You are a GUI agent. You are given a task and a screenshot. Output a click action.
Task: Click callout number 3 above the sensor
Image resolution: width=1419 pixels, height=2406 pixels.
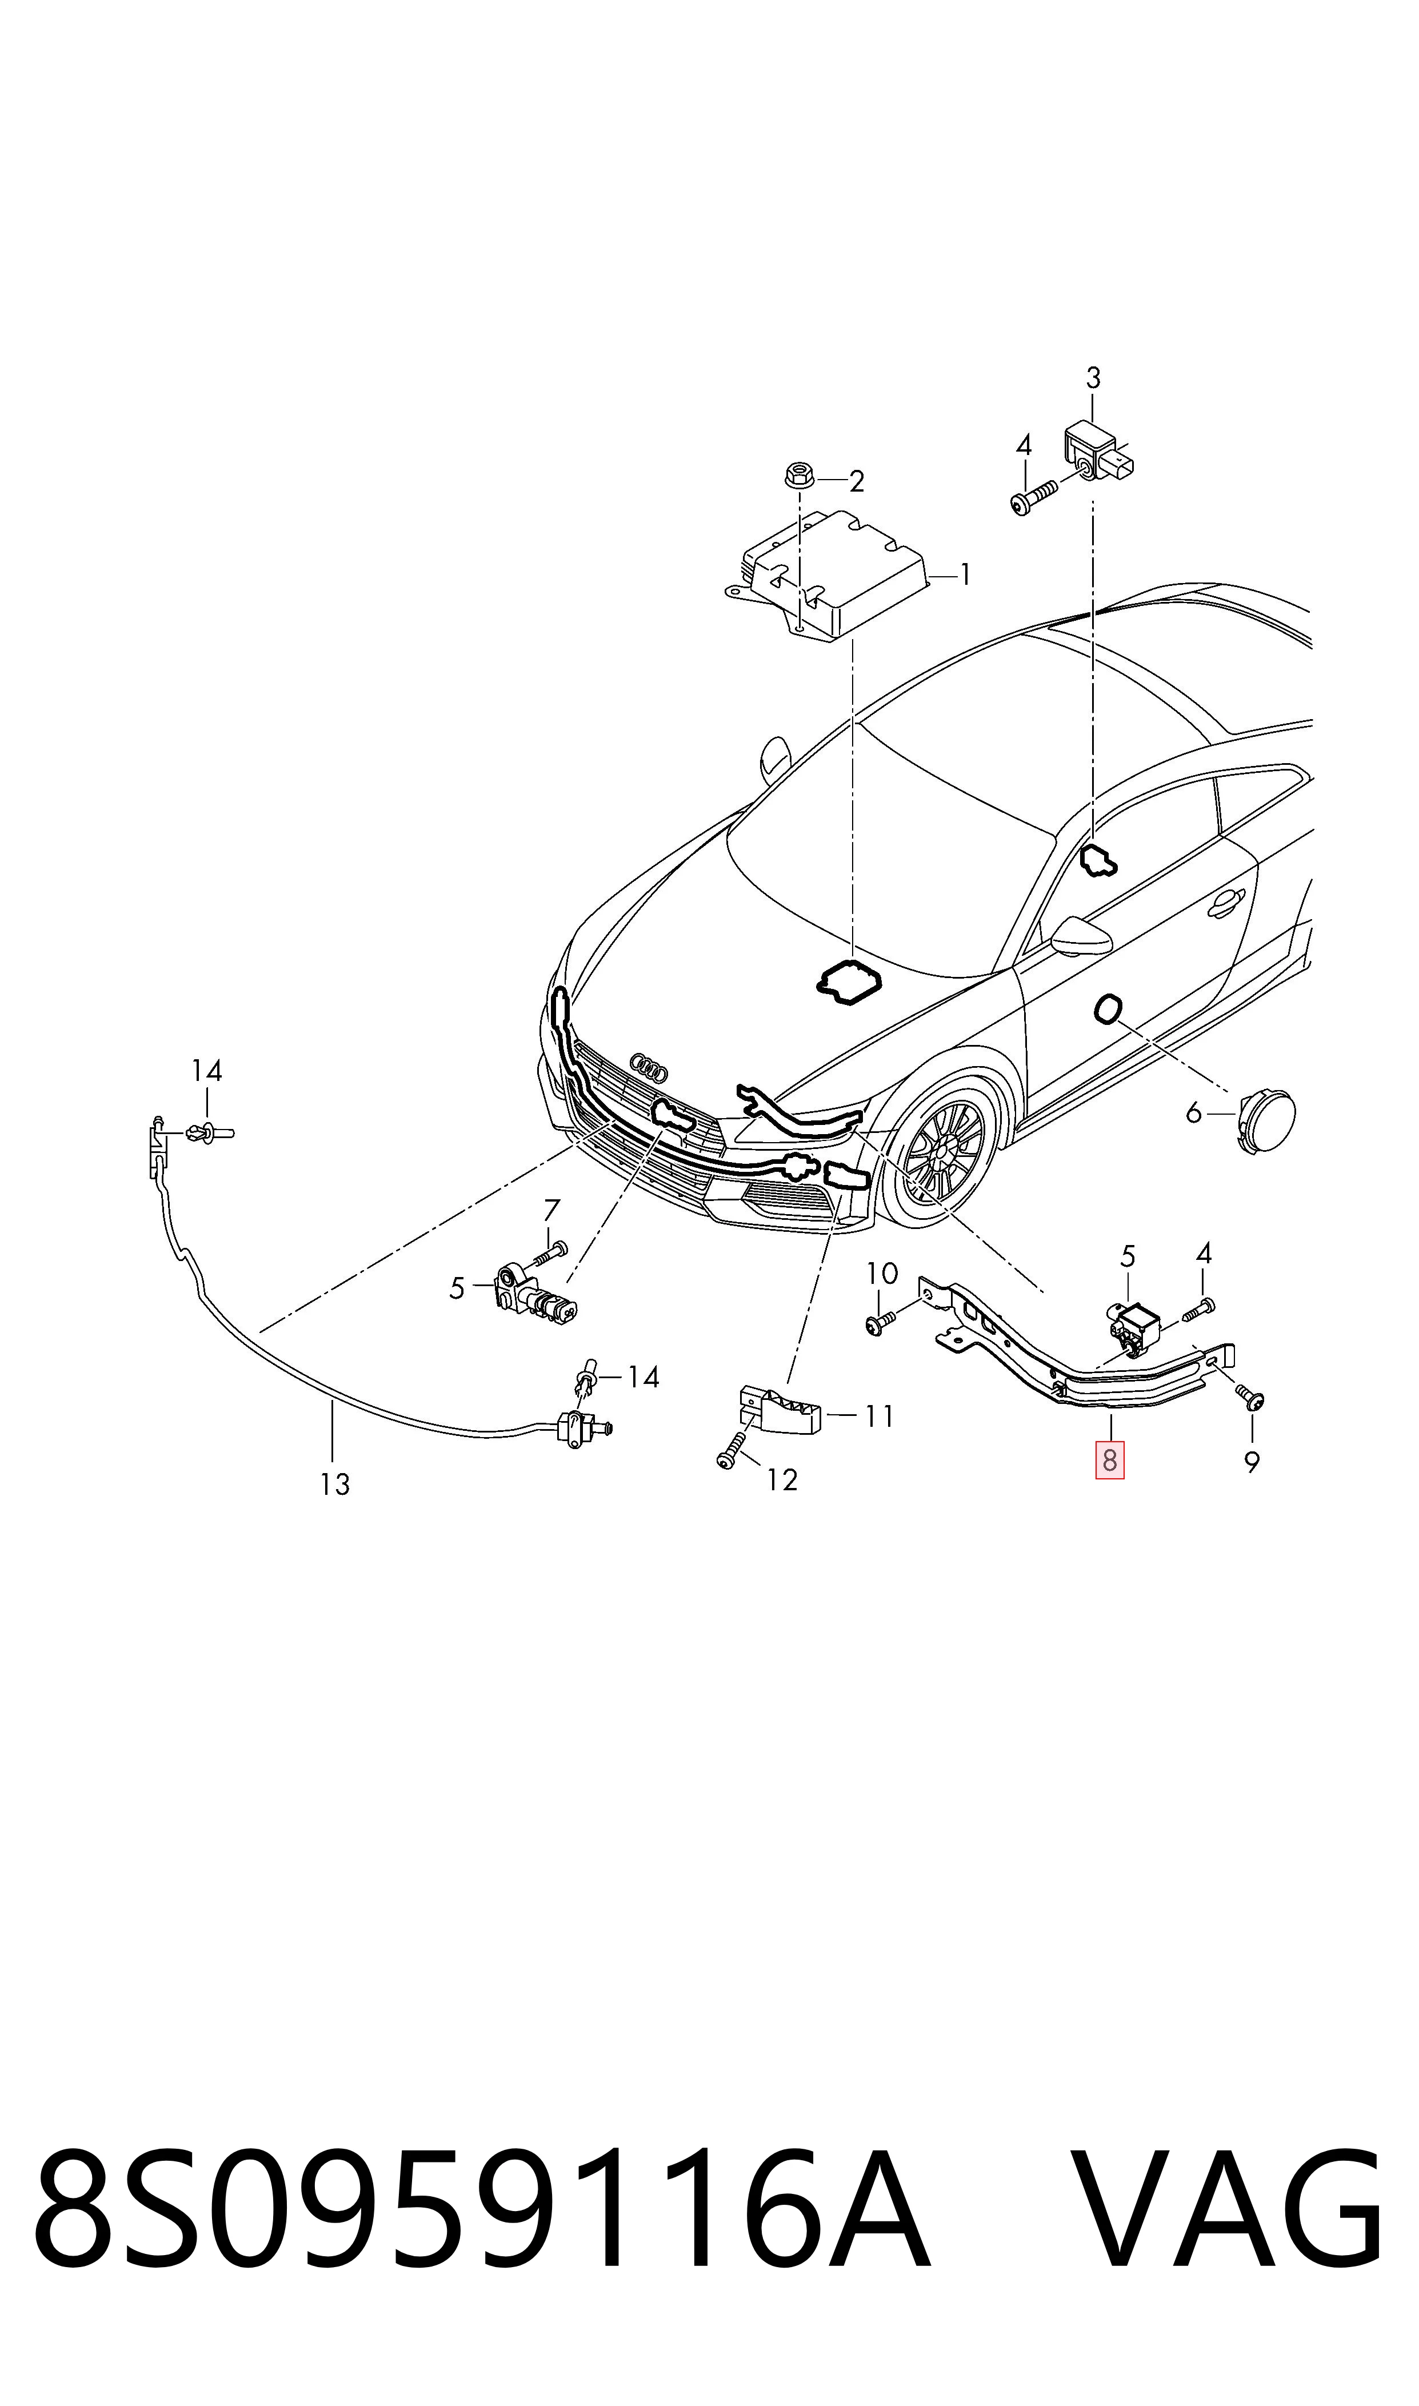click(1093, 378)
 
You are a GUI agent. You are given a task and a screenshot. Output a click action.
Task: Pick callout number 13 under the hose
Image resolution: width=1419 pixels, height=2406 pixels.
click(335, 1484)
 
